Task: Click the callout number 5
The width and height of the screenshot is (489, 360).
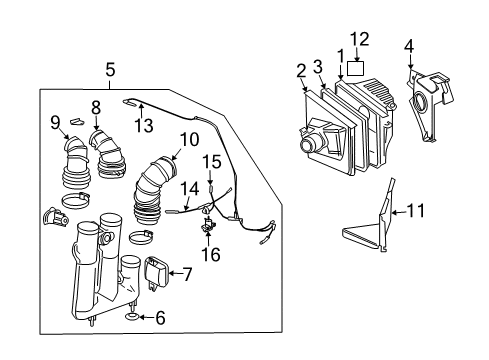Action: [x=109, y=70]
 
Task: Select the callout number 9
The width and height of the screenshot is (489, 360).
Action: [x=55, y=123]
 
